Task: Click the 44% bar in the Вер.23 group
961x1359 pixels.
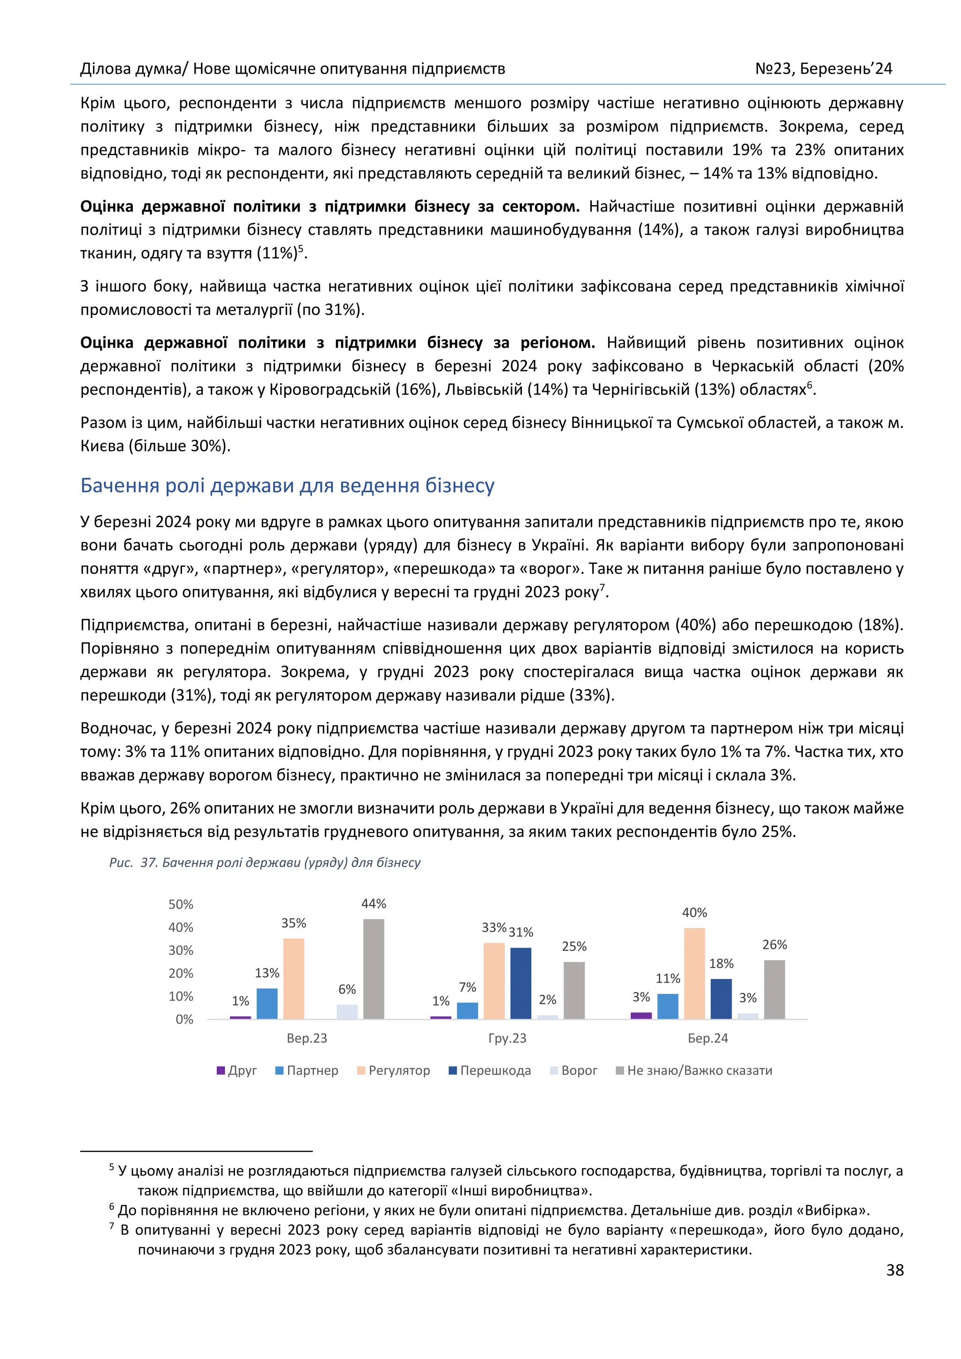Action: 374,969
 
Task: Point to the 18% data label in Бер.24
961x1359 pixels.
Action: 721,963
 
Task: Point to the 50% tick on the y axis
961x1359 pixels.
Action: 181,904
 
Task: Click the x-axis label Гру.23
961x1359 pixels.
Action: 507,1038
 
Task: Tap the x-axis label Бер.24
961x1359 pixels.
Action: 708,1038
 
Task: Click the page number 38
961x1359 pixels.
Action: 895,1270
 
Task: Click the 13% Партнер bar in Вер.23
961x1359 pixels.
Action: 267,1003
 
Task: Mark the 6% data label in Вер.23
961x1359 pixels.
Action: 347,989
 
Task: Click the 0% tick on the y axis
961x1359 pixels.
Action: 184,1019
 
